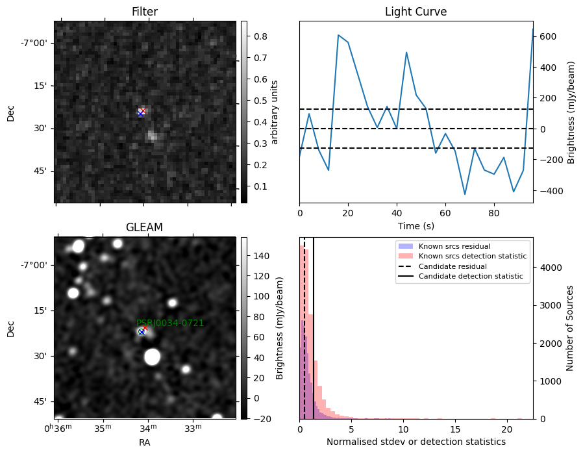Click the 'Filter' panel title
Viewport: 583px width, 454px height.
145,12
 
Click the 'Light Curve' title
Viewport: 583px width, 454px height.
416,12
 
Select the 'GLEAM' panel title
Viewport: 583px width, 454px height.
144,227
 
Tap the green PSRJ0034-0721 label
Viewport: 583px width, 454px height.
170,323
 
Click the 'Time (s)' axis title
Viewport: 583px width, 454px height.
416,226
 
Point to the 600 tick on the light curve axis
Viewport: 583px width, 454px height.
546,36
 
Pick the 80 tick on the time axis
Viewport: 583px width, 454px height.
494,213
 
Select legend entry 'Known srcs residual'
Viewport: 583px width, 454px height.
454,246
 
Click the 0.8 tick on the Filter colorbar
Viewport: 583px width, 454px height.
260,36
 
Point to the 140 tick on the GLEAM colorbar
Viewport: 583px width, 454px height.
262,256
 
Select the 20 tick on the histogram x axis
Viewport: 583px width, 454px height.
507,429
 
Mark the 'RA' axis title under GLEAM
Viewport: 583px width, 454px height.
145,442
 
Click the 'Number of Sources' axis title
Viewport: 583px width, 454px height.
569,329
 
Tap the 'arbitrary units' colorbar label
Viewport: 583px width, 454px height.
275,112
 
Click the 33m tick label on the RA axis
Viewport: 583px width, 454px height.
193,428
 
